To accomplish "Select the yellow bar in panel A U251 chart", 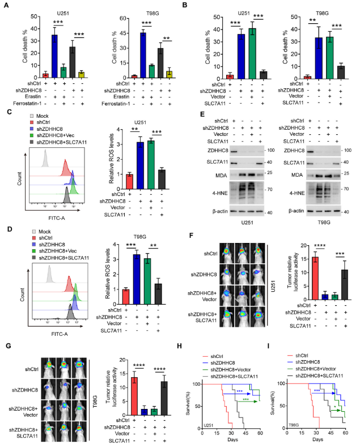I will tap(81, 74).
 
